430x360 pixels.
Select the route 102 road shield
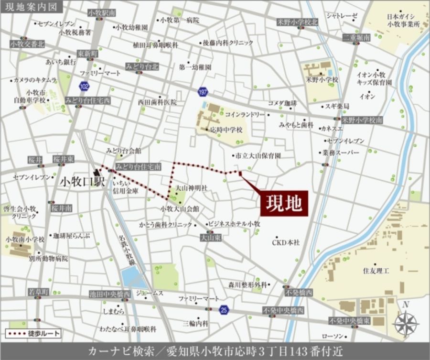84,87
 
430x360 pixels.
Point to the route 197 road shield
203,91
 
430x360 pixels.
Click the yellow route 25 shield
224,310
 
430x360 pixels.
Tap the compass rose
406,321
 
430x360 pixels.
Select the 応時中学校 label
226,130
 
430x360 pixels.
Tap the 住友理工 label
376,271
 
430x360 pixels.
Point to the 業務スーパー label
341,153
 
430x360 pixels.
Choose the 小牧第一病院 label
179,20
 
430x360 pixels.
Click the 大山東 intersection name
209,237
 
